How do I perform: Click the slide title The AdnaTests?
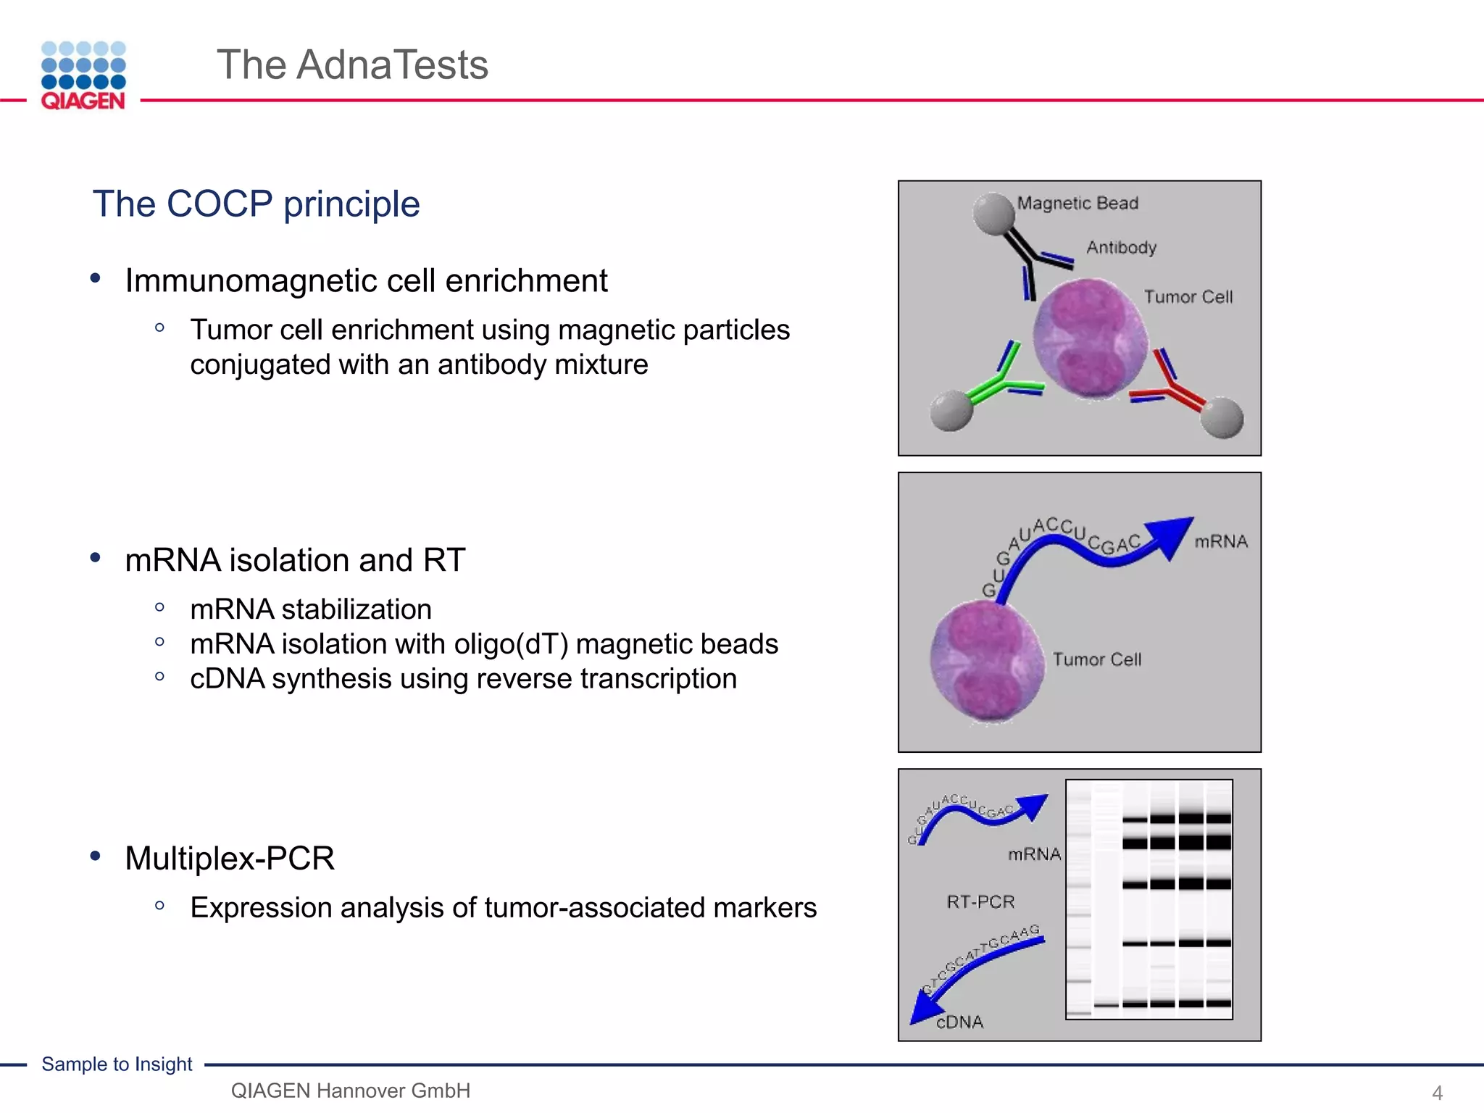pos(352,64)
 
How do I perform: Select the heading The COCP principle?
pos(256,204)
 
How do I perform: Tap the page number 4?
pos(1437,1092)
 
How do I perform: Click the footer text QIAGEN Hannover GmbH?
pos(350,1090)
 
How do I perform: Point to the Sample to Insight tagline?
pos(117,1064)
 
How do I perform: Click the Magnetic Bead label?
pos(1077,203)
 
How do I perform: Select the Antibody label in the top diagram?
pos(1121,247)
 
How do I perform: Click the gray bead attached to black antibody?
pos(993,213)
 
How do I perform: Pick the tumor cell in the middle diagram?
pos(987,661)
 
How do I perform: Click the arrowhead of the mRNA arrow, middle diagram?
pos(1168,535)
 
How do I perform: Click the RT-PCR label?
pos(980,901)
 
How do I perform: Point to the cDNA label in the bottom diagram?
pos(960,1022)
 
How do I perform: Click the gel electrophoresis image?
pos(1149,899)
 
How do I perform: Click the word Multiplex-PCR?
pos(230,858)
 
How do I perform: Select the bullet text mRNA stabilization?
pos(310,609)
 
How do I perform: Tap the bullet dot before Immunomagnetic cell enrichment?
pos(95,278)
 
